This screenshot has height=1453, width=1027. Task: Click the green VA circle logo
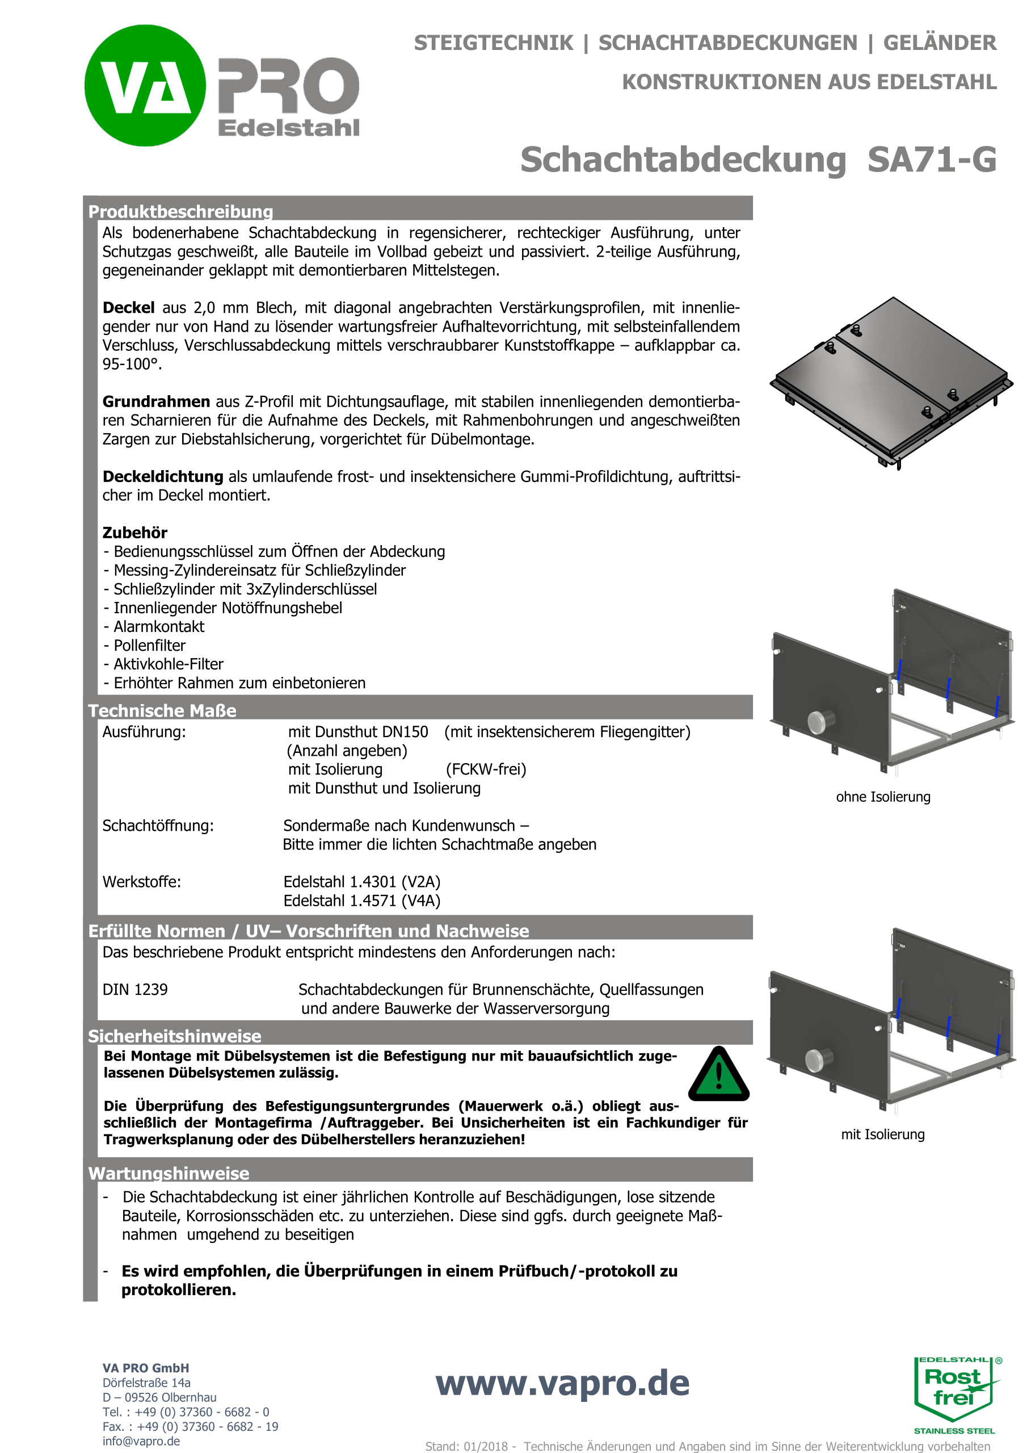click(145, 85)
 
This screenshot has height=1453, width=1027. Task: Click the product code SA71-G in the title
click(932, 160)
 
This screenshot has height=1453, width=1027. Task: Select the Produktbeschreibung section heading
click(180, 211)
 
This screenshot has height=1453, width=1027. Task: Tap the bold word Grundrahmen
click(156, 402)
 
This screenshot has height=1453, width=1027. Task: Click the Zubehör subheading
click(134, 533)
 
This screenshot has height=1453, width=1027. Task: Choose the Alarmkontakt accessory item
click(159, 626)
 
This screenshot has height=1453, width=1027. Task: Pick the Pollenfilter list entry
click(149, 646)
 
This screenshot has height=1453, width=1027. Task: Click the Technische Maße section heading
click(162, 711)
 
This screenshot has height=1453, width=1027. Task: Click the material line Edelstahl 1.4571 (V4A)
click(362, 901)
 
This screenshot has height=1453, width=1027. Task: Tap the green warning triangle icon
click(718, 1075)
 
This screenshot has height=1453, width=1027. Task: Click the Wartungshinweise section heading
click(168, 1173)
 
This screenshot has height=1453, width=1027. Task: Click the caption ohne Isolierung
click(883, 797)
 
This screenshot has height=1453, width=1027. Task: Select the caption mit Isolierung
click(882, 1134)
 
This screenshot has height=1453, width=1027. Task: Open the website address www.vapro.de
click(562, 1383)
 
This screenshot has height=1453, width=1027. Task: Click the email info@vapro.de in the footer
click(141, 1441)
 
